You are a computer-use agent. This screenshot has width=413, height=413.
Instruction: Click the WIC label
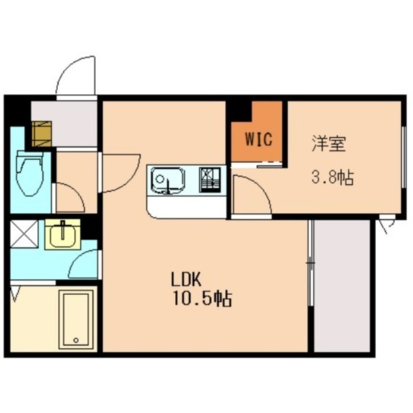259,140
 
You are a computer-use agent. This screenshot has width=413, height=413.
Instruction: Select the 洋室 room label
328,145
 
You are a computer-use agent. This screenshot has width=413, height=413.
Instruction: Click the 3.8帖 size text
332,178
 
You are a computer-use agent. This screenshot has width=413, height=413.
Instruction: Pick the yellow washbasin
62,234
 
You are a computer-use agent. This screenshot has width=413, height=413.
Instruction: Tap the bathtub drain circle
76,340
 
